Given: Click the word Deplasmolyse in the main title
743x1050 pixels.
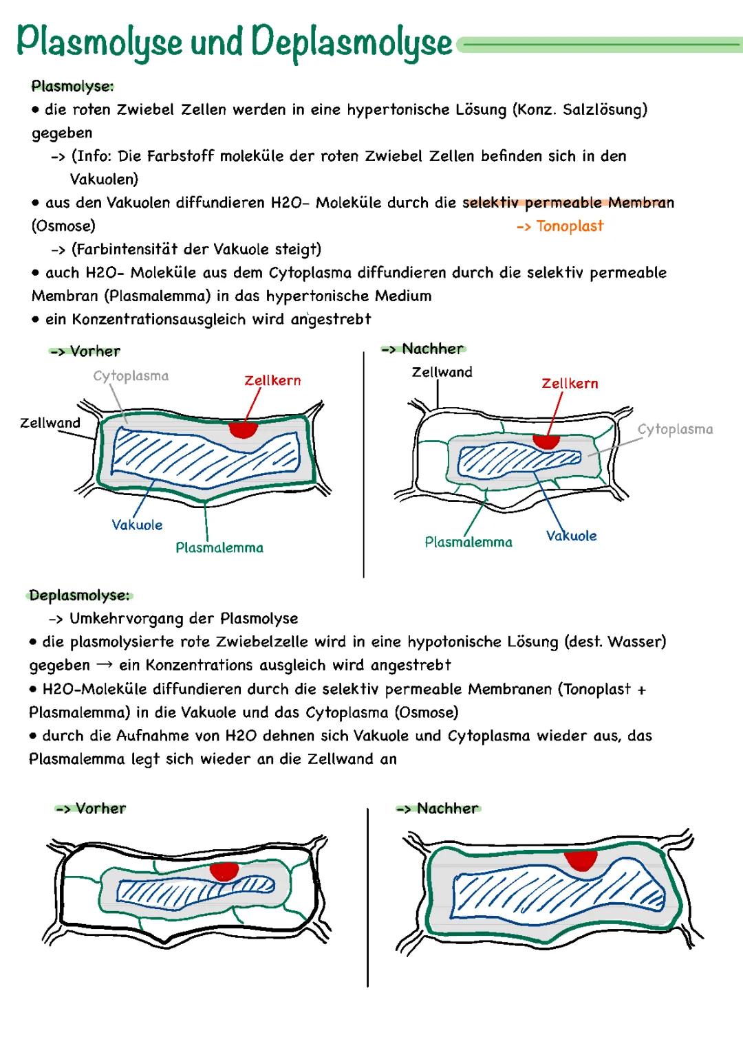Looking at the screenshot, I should coord(352,43).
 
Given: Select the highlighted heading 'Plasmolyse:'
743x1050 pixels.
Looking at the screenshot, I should coord(72,87).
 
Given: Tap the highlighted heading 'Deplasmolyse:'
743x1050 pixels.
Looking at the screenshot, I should coord(79,595).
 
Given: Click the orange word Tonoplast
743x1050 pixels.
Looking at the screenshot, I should coord(569,226).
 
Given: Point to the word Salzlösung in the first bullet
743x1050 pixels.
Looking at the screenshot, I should coord(602,109).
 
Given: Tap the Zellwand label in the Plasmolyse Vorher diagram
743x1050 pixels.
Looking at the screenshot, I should coord(50,423).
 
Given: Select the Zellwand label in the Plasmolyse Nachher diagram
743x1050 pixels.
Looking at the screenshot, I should coord(442,372).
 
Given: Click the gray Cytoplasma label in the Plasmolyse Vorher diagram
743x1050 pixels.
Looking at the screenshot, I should coord(131,376).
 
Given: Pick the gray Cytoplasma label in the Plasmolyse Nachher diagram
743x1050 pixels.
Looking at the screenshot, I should coord(675,429).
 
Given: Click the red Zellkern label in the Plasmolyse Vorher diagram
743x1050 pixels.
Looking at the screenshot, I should coord(272,380).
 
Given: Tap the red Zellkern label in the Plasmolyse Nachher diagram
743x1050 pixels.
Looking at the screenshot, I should coord(570,384).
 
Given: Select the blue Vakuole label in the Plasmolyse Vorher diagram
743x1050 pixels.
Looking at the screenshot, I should coord(137,525).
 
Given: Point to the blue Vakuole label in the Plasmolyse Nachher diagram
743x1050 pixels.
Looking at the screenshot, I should coord(571,536).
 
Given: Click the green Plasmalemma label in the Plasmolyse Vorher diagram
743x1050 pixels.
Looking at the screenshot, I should coord(219,548).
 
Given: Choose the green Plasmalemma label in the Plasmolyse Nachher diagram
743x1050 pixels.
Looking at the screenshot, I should coord(469,543).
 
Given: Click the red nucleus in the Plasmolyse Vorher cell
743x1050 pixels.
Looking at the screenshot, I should coord(243,429).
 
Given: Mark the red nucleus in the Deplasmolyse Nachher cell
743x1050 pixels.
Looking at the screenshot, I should coord(580,860).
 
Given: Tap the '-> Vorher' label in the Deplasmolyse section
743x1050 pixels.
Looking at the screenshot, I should coord(91,809).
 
